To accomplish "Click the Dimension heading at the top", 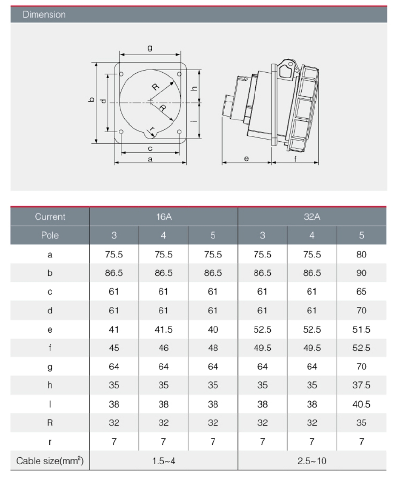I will (44, 15).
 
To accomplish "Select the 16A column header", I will (163, 217).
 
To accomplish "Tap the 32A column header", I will (312, 217).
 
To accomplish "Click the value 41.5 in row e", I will (163, 329).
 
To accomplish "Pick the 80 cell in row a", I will (361, 254).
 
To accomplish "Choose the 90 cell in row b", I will (361, 273).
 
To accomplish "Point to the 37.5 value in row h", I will (361, 385).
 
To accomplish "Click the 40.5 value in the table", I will (361, 404).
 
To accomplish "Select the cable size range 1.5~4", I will (163, 461).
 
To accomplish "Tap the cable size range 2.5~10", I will (312, 461).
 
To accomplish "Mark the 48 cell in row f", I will (213, 348).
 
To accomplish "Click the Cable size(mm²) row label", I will (50, 461).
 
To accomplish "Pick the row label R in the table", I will (50, 423).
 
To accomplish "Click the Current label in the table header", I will (50, 217).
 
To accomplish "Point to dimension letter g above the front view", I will (150, 48).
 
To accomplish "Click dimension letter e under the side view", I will (246, 158).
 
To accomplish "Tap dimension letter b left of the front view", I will (91, 101).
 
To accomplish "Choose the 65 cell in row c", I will (361, 292).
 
